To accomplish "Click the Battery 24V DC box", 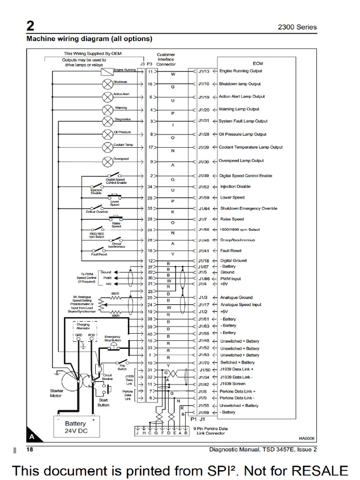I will [x=75, y=427].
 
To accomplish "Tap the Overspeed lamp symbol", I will [x=106, y=161].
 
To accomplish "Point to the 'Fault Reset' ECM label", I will [x=231, y=251].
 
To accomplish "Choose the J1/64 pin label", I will [x=204, y=209].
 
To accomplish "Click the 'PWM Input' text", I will [x=230, y=278].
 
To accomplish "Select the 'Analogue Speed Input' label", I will [x=241, y=305].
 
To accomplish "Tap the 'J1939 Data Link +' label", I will [x=240, y=370].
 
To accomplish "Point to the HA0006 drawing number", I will [x=307, y=439].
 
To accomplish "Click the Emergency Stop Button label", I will [x=113, y=339].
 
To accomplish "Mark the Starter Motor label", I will [x=56, y=392].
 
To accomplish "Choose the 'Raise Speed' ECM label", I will [x=232, y=219].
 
